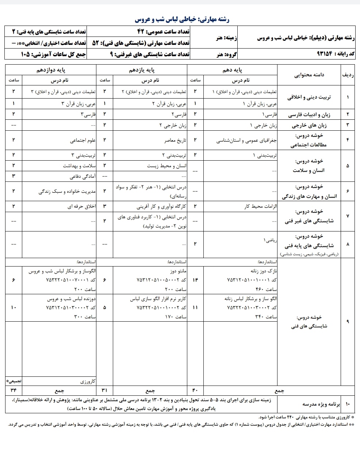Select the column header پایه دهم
(x=233, y=70)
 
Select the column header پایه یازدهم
(x=142, y=70)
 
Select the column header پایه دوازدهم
(x=51, y=70)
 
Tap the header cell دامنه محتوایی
(x=309, y=75)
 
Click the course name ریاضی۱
(x=270, y=241)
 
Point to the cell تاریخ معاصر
(x=175, y=140)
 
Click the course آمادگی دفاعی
(x=83, y=177)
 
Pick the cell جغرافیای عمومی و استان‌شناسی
(x=247, y=140)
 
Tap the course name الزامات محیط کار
(x=261, y=207)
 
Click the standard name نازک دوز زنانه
(x=264, y=271)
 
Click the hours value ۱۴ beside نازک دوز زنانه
(x=195, y=280)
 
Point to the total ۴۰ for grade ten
(x=195, y=391)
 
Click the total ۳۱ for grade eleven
(x=104, y=391)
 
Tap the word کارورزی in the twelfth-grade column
(x=88, y=382)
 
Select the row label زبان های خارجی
(x=309, y=126)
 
